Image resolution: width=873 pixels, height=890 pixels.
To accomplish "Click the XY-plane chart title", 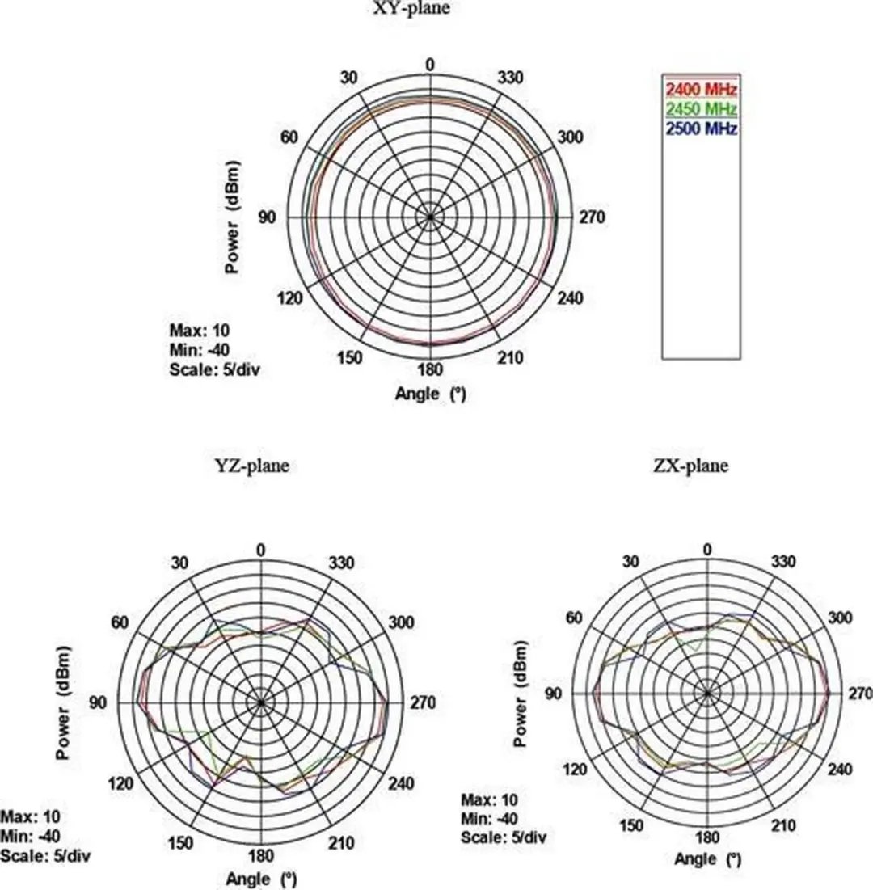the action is [411, 7].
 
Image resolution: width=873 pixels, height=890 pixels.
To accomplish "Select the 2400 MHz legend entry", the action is [701, 89].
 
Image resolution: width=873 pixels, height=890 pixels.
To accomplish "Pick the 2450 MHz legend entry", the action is [701, 108].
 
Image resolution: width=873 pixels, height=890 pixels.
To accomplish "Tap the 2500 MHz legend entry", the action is [701, 129].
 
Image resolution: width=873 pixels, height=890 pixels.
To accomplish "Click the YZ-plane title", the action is [252, 466].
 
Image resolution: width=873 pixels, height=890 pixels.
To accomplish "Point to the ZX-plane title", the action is [691, 466].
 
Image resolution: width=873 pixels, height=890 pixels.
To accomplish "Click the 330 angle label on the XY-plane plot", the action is [510, 77].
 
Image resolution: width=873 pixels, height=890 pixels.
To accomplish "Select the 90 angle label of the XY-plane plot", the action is [268, 217].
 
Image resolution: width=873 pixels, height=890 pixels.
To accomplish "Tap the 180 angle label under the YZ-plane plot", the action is [260, 855].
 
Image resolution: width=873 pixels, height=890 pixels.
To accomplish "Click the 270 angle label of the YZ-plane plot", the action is [423, 702].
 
